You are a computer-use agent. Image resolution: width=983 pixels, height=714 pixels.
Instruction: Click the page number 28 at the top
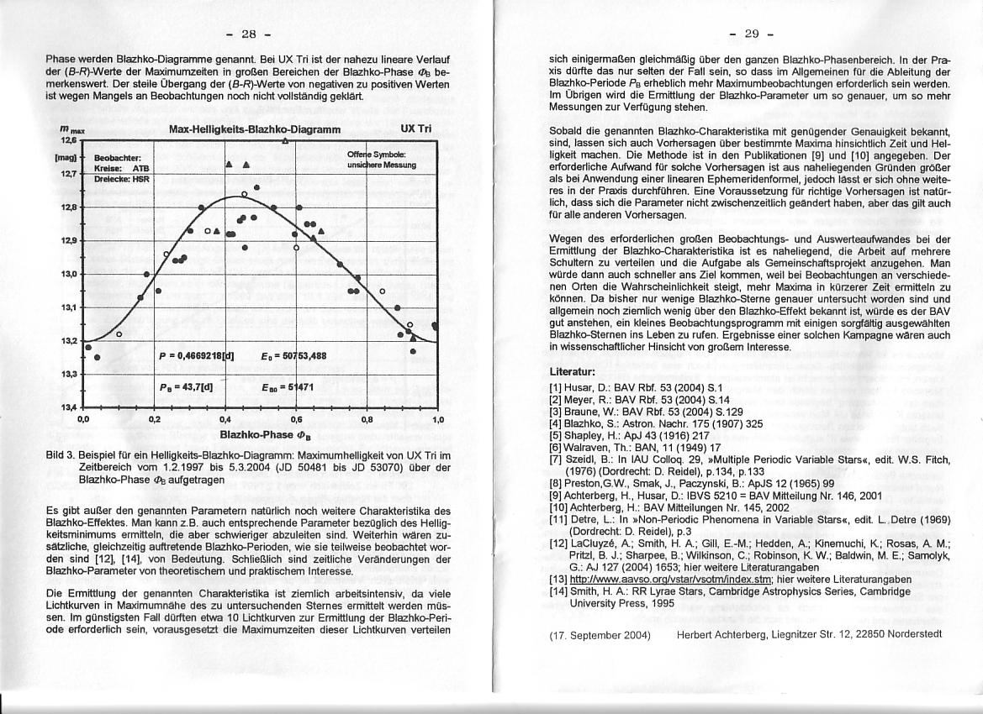tap(248, 34)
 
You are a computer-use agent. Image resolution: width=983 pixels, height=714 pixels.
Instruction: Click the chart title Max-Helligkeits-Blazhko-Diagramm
tap(255, 130)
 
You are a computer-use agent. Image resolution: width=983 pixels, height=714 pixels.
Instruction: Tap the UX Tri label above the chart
tap(416, 130)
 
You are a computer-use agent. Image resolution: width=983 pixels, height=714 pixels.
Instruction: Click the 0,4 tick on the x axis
tap(225, 417)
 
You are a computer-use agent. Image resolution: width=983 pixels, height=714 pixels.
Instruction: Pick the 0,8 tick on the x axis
tap(367, 417)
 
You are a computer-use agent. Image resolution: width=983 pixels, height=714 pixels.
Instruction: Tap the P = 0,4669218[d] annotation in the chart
tap(196, 355)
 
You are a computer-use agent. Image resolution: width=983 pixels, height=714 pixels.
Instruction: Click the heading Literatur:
tap(572, 370)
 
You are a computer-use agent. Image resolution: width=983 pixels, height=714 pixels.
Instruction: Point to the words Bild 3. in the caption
tap(61, 456)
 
